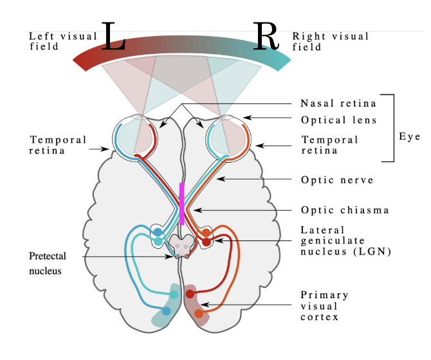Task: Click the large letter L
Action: point(113,39)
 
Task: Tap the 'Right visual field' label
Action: point(331,41)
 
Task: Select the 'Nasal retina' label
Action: point(338,104)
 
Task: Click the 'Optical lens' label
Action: point(338,120)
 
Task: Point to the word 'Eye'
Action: point(409,137)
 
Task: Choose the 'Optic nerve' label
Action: point(337,180)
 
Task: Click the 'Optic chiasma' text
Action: point(345,210)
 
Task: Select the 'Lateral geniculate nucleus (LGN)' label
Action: point(345,240)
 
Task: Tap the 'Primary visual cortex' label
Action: point(324,306)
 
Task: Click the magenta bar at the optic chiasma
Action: point(182,204)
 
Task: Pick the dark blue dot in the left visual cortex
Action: point(167,311)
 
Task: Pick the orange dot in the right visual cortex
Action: point(198,314)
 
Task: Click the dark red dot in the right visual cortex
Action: point(190,294)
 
